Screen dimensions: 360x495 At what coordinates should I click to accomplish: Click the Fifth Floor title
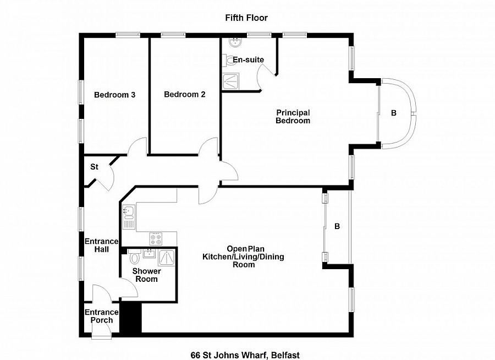246,18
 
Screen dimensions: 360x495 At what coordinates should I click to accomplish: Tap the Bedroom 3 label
114,95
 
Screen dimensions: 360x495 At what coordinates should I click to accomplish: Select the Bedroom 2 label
185,95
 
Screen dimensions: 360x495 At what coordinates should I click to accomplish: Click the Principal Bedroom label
293,117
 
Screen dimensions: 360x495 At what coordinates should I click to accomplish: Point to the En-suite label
249,60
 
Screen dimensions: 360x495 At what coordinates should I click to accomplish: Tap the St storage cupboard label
94,166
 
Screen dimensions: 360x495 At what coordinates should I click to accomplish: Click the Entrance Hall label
101,245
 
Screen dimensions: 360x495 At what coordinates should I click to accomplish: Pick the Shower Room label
147,275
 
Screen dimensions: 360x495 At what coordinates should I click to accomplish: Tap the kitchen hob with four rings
156,238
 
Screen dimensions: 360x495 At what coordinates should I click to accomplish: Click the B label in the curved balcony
393,113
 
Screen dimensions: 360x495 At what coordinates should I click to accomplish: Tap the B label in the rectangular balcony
337,226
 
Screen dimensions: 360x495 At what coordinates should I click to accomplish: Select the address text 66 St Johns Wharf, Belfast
245,355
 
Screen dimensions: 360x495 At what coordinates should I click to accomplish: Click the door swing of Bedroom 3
137,147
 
